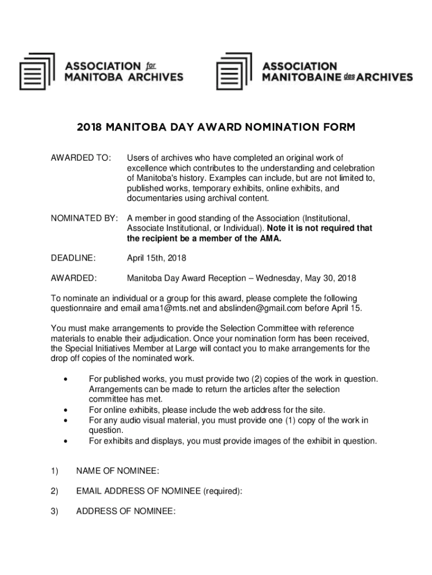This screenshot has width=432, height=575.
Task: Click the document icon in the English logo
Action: coord(37,71)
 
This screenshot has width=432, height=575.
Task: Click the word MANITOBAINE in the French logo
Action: coord(302,77)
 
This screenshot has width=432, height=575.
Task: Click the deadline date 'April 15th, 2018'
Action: coord(156,258)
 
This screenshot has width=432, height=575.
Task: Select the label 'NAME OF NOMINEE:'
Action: coord(117,471)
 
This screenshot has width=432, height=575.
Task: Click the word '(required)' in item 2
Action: coord(223,491)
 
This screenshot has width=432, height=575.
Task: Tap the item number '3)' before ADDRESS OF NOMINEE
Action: coord(54,511)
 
